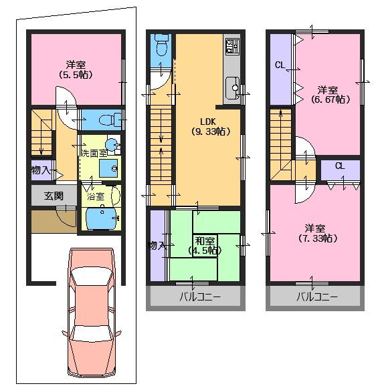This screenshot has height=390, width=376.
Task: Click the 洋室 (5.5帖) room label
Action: pyautogui.click(x=74, y=69)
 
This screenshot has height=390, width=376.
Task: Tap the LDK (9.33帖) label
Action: pyautogui.click(x=207, y=126)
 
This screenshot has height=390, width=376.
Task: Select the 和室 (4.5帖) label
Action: pyautogui.click(x=204, y=244)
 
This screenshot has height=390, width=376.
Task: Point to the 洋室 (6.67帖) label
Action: pyautogui.click(x=327, y=94)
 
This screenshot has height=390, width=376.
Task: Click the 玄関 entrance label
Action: pyautogui.click(x=54, y=196)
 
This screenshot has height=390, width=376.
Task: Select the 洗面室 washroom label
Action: pyautogui.click(x=93, y=153)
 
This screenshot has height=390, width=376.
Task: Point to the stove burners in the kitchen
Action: pyautogui.click(x=232, y=46)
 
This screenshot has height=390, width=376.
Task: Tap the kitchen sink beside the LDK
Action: pyautogui.click(x=232, y=85)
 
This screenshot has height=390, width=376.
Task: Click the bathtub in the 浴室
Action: pyautogui.click(x=102, y=218)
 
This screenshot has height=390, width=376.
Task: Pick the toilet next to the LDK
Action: pyautogui.click(x=161, y=47)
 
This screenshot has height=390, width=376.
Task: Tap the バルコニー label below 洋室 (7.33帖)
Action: pyautogui.click(x=316, y=297)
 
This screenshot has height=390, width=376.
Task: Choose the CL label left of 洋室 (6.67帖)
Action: pyautogui.click(x=280, y=65)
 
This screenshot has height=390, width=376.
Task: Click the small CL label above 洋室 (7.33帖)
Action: pyautogui.click(x=339, y=166)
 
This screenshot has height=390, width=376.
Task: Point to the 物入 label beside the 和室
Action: pyautogui.click(x=157, y=246)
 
